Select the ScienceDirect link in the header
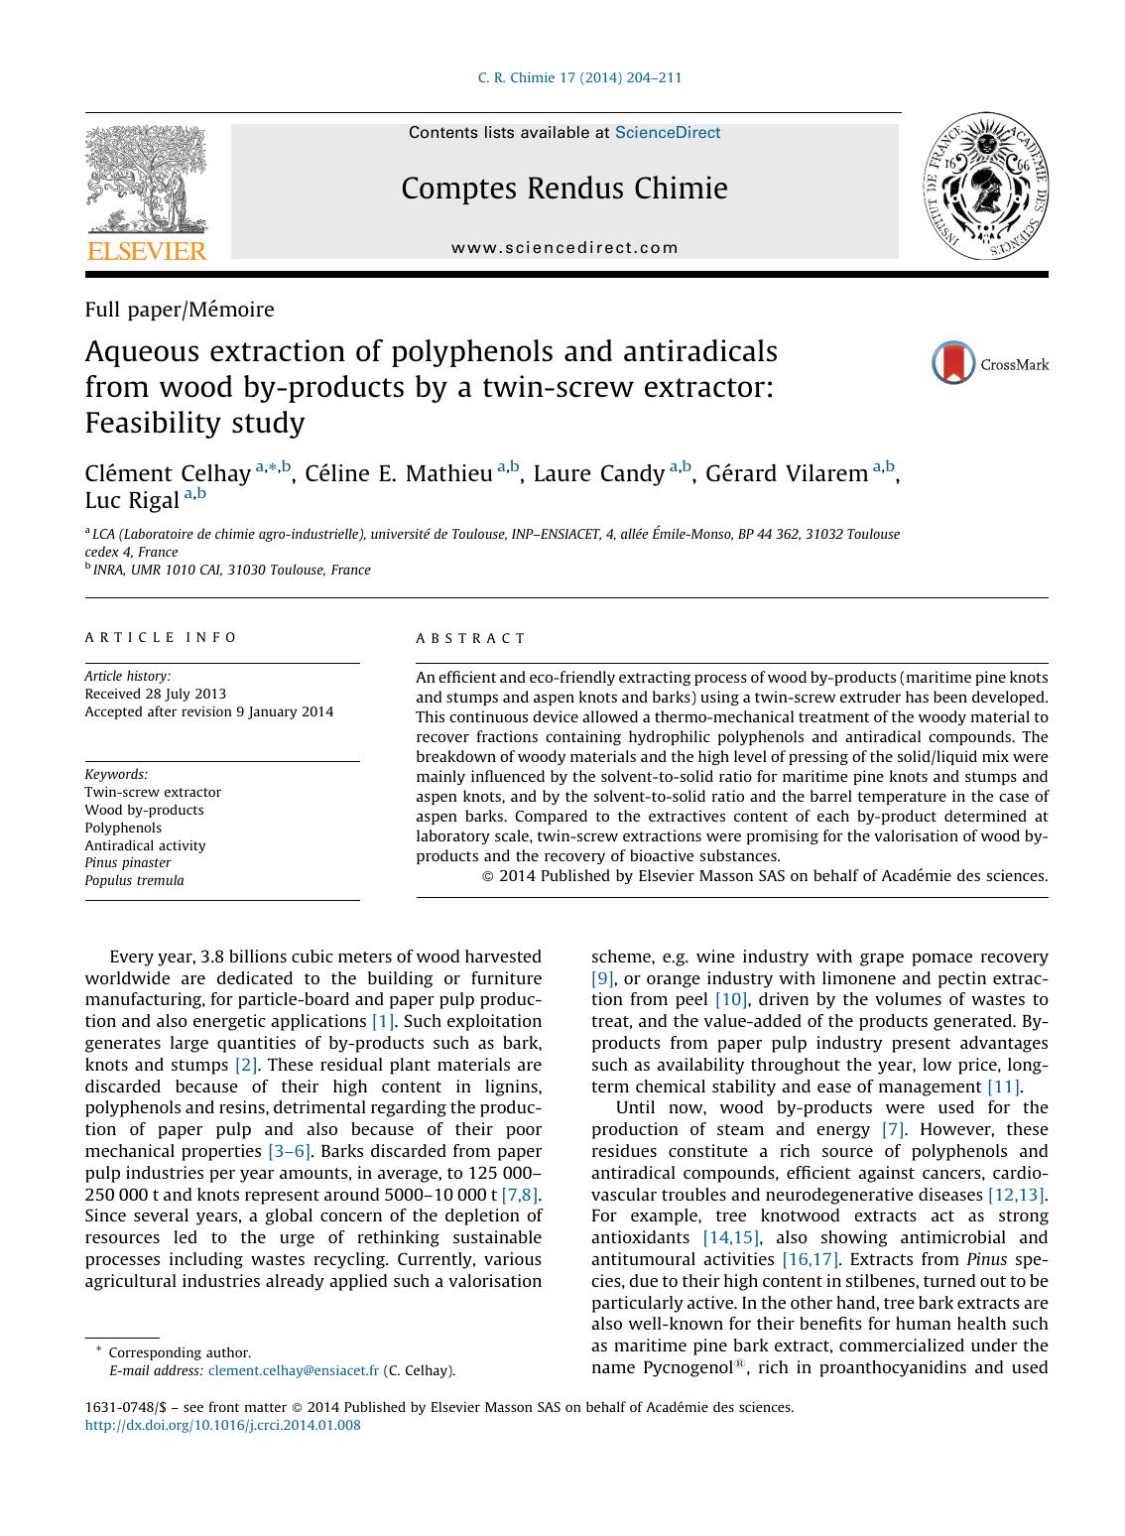point(668,133)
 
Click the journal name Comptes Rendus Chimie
point(564,189)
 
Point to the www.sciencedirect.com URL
point(564,248)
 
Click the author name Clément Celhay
point(167,474)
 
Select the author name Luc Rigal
point(131,499)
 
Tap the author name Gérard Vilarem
point(786,474)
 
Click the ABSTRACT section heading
point(471,639)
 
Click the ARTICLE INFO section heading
point(161,638)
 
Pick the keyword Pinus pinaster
point(127,863)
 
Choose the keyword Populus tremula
point(134,881)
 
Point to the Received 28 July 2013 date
point(155,695)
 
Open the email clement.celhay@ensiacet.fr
point(293,1371)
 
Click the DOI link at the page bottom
point(222,1426)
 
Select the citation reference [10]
point(730,1000)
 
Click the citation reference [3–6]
point(289,1151)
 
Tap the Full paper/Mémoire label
point(180,310)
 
